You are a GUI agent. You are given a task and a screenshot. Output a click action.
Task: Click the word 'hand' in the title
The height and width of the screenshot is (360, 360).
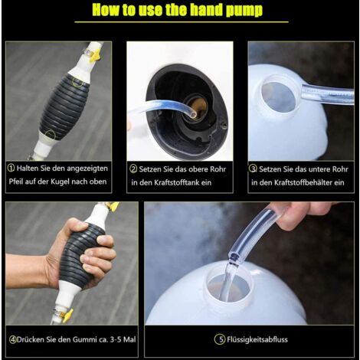(206, 10)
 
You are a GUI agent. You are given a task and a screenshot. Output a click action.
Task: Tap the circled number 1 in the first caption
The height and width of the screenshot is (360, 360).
(11, 168)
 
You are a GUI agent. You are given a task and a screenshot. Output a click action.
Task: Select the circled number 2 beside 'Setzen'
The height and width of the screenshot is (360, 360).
(133, 169)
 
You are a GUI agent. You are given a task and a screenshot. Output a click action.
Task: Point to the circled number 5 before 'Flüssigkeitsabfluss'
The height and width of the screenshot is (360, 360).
(220, 339)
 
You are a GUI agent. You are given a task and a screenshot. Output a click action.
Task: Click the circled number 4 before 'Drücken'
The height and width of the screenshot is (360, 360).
(13, 339)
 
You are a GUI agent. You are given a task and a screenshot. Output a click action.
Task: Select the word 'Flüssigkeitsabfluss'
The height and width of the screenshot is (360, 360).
(257, 339)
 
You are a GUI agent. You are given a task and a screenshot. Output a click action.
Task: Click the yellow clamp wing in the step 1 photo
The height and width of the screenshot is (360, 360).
(95, 55)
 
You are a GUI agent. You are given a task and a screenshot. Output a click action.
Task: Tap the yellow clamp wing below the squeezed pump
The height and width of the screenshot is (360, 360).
(67, 316)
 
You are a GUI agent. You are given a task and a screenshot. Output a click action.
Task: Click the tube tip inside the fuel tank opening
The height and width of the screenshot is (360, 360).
(194, 114)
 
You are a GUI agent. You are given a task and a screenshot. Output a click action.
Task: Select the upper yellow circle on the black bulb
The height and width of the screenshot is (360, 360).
(77, 83)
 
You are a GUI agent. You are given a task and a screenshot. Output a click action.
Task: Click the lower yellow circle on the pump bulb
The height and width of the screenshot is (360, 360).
(51, 135)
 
